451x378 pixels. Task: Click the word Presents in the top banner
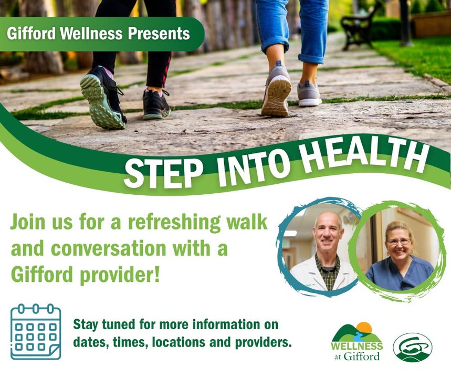(159, 34)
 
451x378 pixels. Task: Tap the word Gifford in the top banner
(31, 34)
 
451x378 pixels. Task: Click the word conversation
(109, 248)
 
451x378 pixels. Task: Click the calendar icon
(36, 332)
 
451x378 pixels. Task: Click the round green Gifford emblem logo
(413, 347)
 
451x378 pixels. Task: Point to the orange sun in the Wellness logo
(364, 329)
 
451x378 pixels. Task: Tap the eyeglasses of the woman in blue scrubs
(398, 241)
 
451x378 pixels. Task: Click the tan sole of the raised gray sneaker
(275, 97)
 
